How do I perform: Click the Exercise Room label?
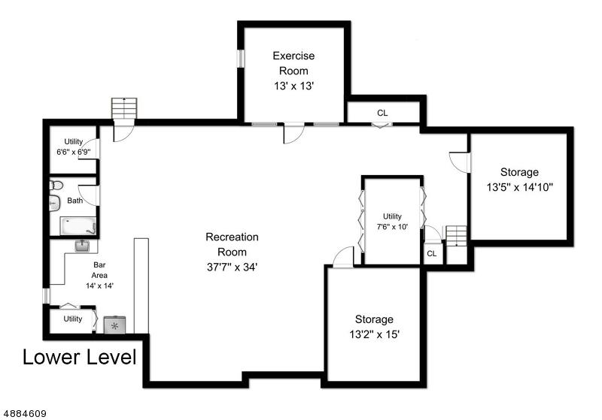[x=293, y=63]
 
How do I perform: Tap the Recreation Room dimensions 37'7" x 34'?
[x=232, y=267]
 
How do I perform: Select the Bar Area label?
[x=99, y=270]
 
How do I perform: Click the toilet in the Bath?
[x=56, y=186]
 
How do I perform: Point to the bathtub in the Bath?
[x=78, y=226]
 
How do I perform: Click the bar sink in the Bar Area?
[x=82, y=246]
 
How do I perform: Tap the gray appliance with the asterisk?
[x=115, y=325]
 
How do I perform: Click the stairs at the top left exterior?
[x=124, y=108]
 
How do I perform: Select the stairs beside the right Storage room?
[x=457, y=236]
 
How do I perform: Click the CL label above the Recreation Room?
[x=382, y=113]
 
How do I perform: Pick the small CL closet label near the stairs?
[x=431, y=254]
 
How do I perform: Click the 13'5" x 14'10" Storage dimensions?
[x=519, y=187]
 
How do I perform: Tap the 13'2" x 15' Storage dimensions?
[x=374, y=334]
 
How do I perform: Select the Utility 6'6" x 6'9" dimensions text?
[x=73, y=152]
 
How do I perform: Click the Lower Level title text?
[x=80, y=357]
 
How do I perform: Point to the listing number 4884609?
[x=25, y=414]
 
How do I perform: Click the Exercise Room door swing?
[x=293, y=133]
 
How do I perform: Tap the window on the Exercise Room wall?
[x=241, y=59]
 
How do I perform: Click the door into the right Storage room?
[x=460, y=162]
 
